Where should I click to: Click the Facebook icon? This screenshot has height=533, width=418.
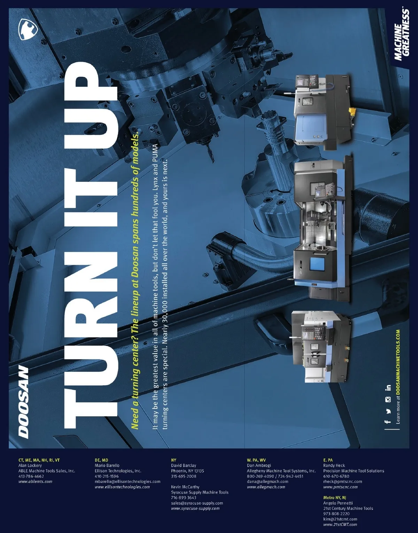click(388, 422)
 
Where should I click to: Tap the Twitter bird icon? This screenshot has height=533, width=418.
click(388, 411)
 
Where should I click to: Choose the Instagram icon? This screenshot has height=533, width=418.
click(388, 400)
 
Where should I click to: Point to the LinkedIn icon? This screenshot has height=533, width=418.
click(388, 388)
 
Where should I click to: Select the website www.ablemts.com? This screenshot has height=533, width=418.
click(35, 481)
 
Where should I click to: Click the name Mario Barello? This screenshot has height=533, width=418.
click(107, 465)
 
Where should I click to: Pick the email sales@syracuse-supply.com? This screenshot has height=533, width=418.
click(197, 503)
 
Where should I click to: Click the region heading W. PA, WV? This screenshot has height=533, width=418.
click(256, 460)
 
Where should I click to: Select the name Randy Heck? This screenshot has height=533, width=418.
click(334, 465)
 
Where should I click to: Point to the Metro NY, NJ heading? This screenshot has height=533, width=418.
click(335, 498)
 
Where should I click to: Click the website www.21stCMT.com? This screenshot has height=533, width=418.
click(340, 525)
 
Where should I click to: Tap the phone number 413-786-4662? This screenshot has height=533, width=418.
click(31, 476)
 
